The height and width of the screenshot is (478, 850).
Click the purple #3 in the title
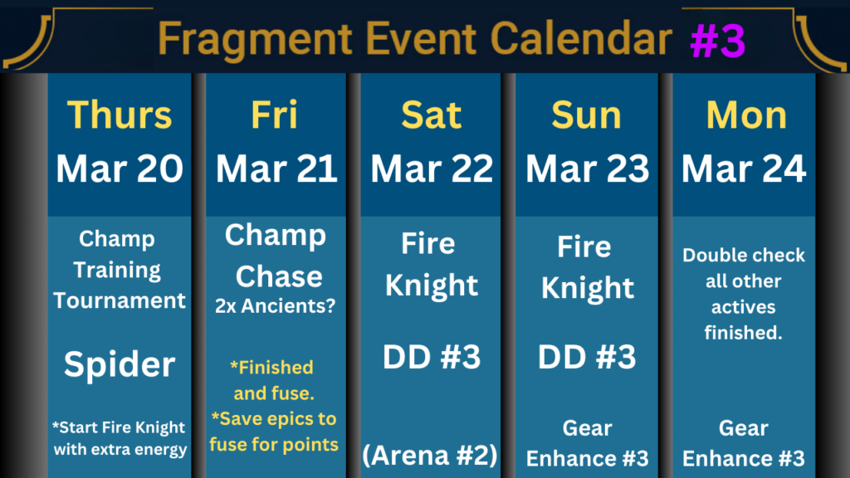(718, 41)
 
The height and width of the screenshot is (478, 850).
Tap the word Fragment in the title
(255, 40)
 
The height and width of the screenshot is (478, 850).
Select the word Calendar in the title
(581, 38)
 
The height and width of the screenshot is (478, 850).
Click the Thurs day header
(120, 115)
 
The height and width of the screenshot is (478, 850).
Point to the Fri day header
(274, 115)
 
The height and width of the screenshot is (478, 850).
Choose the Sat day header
(432, 115)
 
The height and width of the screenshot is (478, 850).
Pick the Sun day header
(587, 115)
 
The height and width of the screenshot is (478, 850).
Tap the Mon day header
(746, 115)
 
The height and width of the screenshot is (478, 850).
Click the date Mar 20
(120, 168)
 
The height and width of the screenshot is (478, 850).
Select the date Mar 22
(432, 168)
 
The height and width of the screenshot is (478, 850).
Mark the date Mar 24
(744, 168)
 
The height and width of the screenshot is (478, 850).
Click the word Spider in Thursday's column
(120, 365)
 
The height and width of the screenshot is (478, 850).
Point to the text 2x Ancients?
(276, 306)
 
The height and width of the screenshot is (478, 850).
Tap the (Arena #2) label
(429, 456)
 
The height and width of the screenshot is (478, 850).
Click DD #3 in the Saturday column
(432, 357)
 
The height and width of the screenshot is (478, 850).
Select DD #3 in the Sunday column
(587, 357)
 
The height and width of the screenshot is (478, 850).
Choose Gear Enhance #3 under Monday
(743, 443)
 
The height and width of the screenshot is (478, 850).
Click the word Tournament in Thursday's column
(120, 300)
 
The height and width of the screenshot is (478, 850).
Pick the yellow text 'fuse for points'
(274, 445)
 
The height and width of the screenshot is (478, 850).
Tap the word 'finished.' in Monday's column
(743, 332)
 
